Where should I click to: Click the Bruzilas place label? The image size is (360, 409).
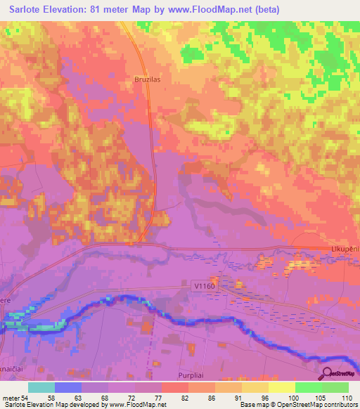tap(148, 80)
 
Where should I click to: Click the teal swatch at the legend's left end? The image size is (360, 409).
tap(41, 387)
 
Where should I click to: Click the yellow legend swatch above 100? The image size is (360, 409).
tap(282, 387)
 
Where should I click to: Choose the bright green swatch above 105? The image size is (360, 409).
tap(309, 387)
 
